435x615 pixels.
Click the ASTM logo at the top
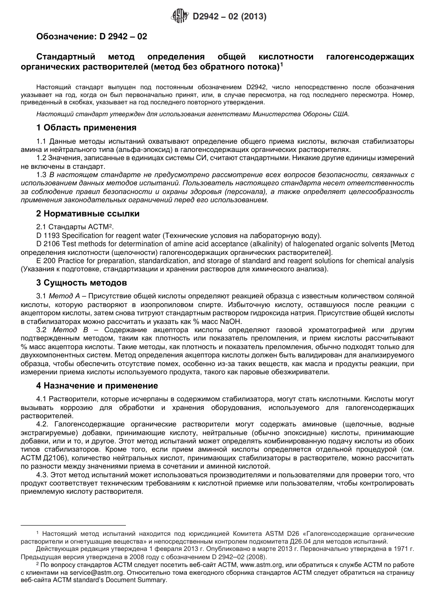[179, 17]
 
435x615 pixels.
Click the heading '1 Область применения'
[86, 128]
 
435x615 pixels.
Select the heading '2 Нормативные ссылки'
[88, 214]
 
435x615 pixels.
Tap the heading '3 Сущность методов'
[82, 283]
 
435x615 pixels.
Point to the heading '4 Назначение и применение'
[97, 386]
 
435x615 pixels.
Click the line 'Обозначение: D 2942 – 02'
[92, 36]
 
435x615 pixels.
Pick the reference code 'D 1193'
[47, 236]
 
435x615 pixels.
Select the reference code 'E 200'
[44, 261]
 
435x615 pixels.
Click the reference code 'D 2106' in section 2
[47, 244]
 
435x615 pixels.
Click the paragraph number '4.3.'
[42, 475]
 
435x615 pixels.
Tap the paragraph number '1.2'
[41, 158]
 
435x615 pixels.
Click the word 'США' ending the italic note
[341, 114]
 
